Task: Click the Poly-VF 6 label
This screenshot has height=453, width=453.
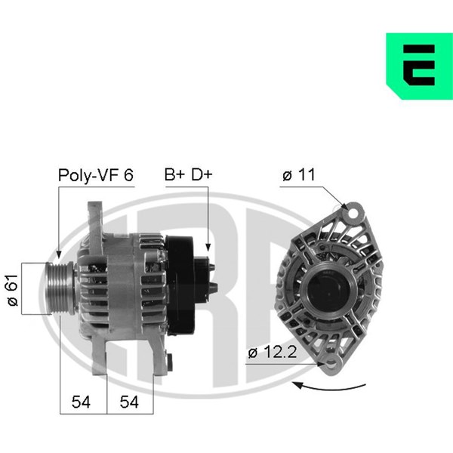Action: [x=96, y=175]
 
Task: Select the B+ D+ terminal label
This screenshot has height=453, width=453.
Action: [x=188, y=174]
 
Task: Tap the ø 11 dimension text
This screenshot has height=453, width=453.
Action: [x=299, y=174]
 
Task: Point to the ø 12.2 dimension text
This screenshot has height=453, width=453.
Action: [x=273, y=352]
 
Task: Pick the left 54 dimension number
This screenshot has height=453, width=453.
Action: [x=81, y=402]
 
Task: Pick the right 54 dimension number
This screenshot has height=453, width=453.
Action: [x=129, y=402]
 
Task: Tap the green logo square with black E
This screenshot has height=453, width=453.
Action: [x=420, y=66]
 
